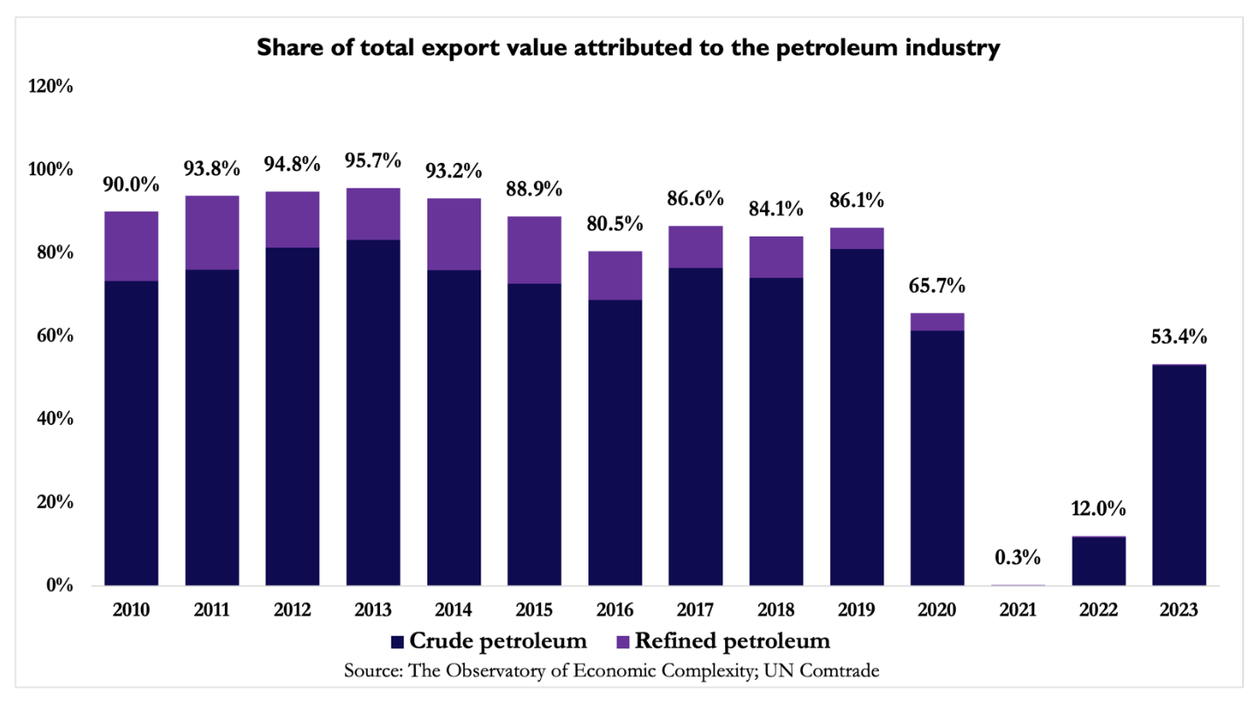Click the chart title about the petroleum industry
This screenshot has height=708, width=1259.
click(628, 50)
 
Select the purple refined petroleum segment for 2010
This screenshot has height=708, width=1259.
click(131, 246)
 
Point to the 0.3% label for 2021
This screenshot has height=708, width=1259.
click(1017, 557)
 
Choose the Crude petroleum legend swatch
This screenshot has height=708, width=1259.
click(400, 641)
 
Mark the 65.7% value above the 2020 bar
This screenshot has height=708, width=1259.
click(937, 287)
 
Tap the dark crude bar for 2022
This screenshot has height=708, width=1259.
click(1098, 561)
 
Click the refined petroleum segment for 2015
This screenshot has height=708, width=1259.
click(534, 250)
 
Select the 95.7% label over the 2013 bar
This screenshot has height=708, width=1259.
click(373, 162)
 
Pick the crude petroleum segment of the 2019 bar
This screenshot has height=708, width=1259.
click(856, 417)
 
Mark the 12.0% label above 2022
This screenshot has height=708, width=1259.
click(1098, 509)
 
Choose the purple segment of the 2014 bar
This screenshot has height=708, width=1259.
click(454, 234)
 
